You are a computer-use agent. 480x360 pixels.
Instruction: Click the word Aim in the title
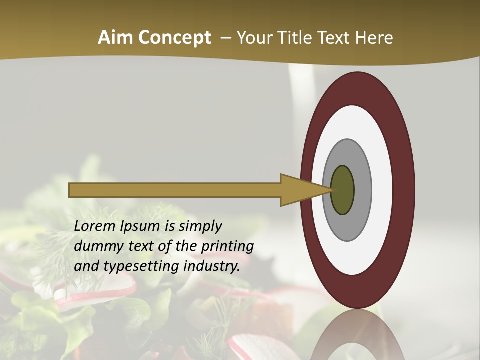coord(116,38)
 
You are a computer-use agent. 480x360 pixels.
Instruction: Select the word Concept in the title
coord(174,38)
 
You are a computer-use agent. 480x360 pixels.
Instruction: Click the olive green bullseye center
coord(342,190)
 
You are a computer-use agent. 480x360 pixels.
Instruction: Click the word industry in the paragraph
coord(212,267)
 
